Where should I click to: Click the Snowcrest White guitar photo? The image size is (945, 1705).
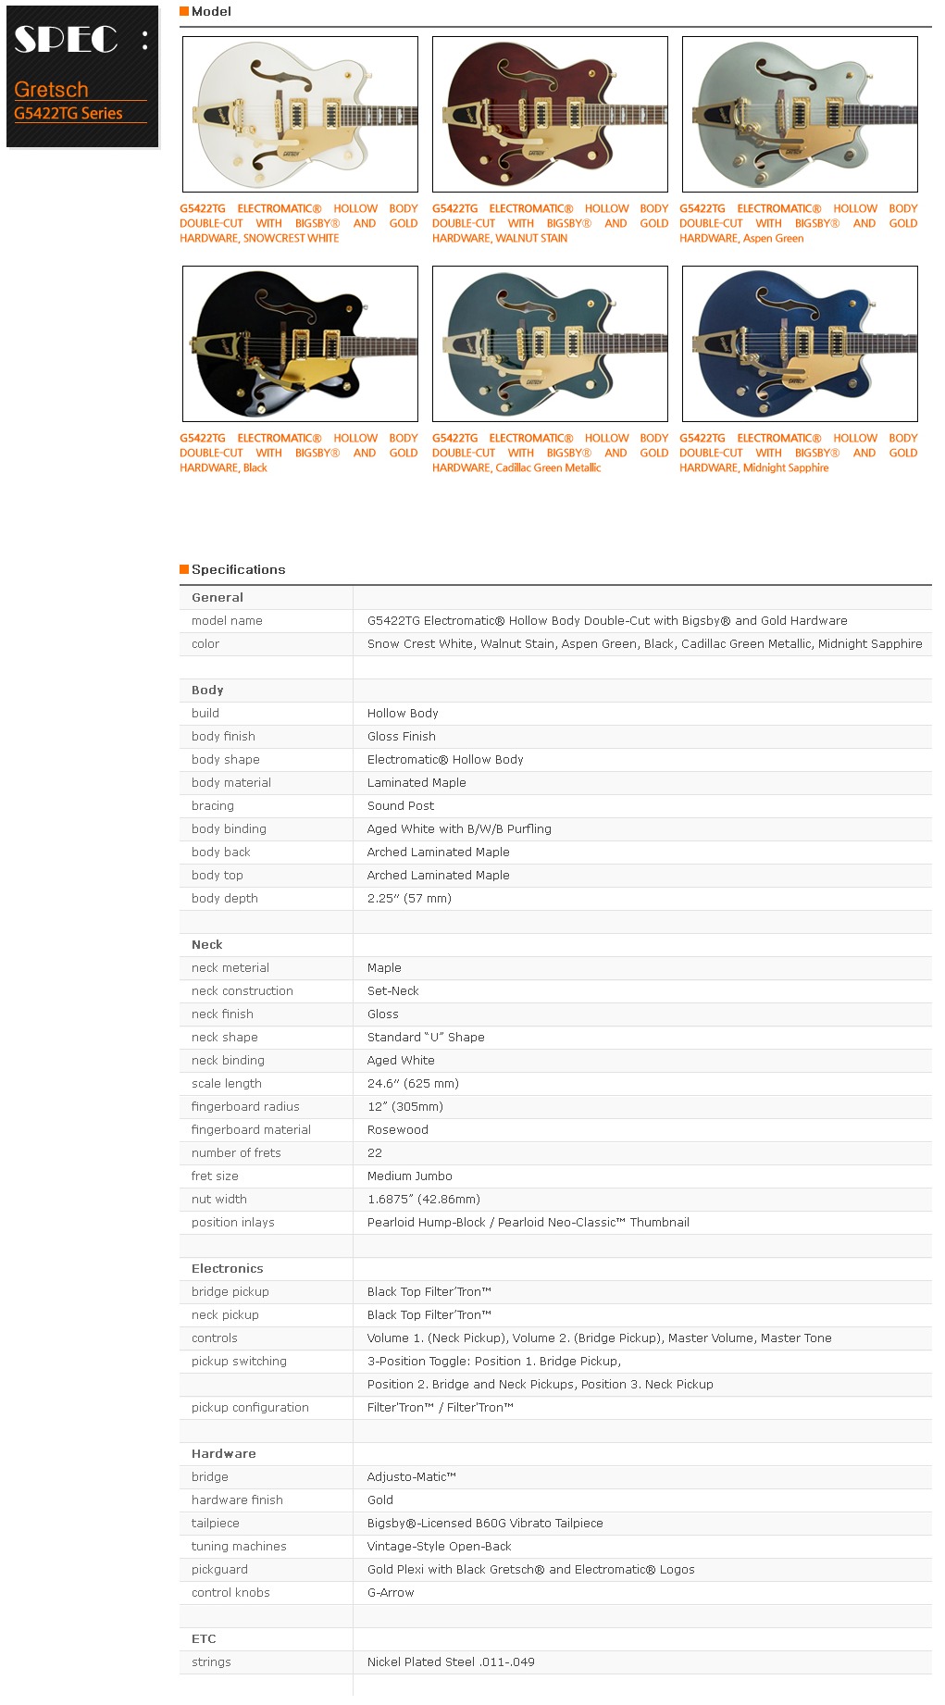300,114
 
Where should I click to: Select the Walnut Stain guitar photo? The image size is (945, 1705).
550,114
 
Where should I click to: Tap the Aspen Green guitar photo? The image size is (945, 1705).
800,114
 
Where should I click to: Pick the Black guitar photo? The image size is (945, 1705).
300,343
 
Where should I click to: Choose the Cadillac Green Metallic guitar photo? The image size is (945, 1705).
550,343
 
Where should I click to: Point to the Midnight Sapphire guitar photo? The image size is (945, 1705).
800,343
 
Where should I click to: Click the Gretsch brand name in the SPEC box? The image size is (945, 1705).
52,90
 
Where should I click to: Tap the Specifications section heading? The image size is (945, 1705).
238,569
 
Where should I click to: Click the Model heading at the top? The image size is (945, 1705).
211,11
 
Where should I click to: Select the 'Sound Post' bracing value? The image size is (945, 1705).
400,806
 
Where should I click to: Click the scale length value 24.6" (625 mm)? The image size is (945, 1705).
413,1084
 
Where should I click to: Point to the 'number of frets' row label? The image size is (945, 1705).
236,1153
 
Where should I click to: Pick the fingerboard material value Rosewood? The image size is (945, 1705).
397,1130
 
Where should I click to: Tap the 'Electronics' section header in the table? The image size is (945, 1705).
227,1269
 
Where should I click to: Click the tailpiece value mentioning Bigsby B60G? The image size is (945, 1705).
484,1524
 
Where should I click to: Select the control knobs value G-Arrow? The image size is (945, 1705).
391,1593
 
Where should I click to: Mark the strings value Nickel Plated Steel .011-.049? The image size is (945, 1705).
451,1662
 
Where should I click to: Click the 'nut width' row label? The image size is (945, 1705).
219,1200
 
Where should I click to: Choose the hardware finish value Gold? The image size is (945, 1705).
379,1500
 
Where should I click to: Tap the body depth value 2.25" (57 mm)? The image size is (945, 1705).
409,899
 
